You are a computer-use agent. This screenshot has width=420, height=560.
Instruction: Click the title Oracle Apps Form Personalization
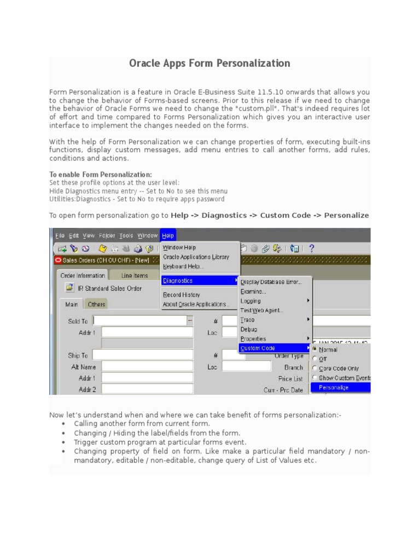(x=209, y=63)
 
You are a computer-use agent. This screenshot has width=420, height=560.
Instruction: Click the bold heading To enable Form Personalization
(x=101, y=174)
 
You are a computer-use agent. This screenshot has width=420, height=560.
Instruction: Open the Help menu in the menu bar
(x=168, y=236)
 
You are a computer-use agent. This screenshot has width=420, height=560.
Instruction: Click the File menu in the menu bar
(x=60, y=236)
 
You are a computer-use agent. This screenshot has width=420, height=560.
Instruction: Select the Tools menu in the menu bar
(x=126, y=236)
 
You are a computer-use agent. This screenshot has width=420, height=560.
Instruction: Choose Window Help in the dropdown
(x=179, y=248)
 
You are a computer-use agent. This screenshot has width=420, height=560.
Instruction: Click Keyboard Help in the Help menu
(x=183, y=266)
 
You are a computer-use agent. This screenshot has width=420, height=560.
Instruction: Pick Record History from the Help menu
(x=182, y=295)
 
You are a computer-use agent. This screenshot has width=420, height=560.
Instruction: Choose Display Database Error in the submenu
(x=271, y=282)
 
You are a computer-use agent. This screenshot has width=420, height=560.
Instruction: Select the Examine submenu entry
(x=253, y=291)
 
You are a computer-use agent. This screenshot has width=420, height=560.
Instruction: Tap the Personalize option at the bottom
(x=334, y=387)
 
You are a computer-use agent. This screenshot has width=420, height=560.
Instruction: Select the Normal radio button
(x=315, y=349)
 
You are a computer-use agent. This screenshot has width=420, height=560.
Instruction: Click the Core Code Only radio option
(x=315, y=369)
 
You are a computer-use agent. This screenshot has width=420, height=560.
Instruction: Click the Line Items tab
(x=135, y=276)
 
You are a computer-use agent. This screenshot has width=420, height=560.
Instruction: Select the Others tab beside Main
(x=97, y=304)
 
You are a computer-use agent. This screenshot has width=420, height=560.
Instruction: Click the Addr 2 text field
(x=147, y=389)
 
